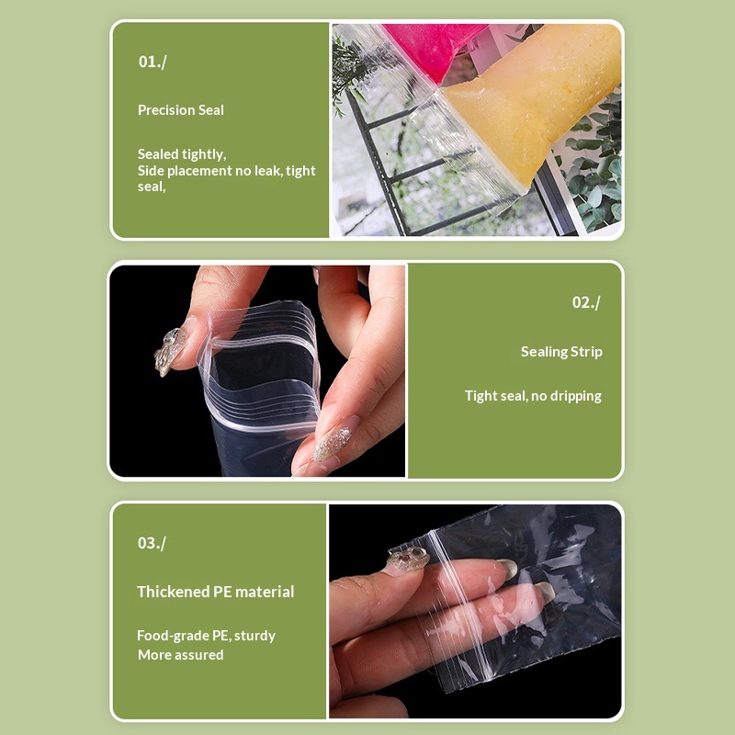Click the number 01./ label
[153, 62]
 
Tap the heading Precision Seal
[181, 110]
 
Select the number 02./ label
[586, 302]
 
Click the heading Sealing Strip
[561, 352]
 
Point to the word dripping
[576, 396]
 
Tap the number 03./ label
[152, 543]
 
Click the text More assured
[180, 655]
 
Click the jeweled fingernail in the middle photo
[171, 349]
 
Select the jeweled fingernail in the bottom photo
[407, 560]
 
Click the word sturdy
[254, 636]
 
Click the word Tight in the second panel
[481, 396]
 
